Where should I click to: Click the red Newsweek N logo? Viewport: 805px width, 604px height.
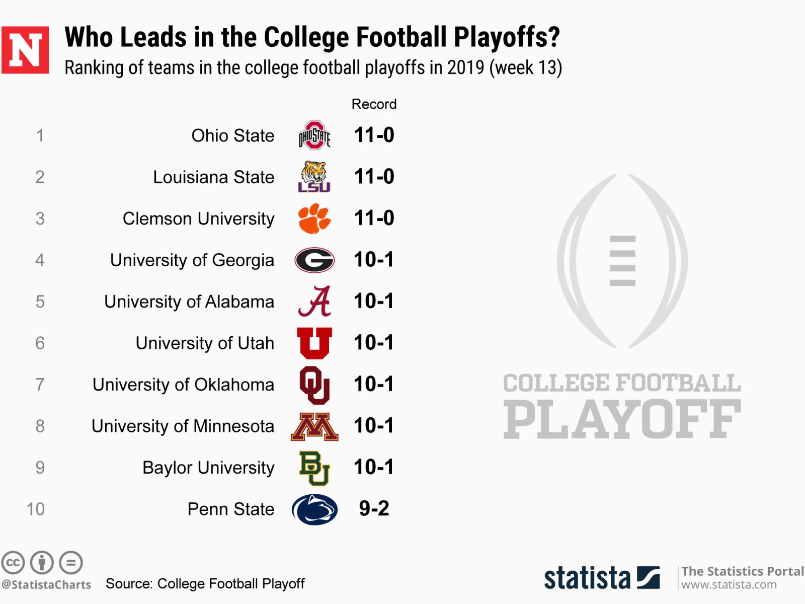click(x=25, y=50)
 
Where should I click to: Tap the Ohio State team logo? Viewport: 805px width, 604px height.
click(x=314, y=135)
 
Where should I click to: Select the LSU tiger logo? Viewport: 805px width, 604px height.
click(x=314, y=176)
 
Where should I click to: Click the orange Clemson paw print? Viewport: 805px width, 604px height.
click(x=314, y=218)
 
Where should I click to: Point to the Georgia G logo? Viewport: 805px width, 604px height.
click(x=314, y=260)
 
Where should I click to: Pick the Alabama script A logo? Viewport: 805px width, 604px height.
click(x=315, y=301)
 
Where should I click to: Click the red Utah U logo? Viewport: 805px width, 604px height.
click(x=314, y=343)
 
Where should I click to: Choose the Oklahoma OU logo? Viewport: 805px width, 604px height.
click(x=314, y=385)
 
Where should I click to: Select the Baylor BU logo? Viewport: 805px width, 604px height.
click(x=314, y=468)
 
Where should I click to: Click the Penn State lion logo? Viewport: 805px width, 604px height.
click(x=314, y=509)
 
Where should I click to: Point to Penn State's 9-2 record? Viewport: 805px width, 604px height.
click(x=374, y=508)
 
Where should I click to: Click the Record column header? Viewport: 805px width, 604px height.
click(x=374, y=104)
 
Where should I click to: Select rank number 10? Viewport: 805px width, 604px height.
click(x=35, y=509)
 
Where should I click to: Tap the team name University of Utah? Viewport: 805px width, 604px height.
click(x=205, y=343)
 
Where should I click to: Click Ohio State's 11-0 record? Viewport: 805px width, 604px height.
click(x=374, y=135)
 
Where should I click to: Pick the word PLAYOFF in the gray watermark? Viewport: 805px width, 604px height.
click(x=622, y=419)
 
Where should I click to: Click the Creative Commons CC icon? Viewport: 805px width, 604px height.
click(x=13, y=562)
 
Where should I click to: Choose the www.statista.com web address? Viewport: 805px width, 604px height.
click(x=729, y=585)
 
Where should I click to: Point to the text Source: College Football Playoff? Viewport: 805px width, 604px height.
click(x=205, y=583)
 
